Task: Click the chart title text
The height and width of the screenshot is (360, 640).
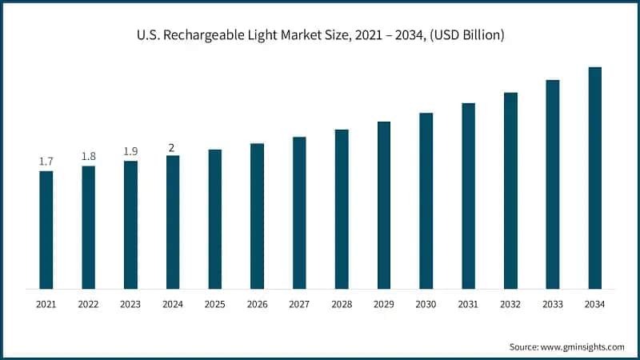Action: point(319,35)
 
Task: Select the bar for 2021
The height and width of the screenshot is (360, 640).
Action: point(46,230)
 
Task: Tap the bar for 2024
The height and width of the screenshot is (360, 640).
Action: point(173,222)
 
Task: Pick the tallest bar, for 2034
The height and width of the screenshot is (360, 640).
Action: point(595,178)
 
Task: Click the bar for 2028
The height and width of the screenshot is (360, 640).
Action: point(342,209)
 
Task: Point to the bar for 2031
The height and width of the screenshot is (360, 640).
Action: point(468,195)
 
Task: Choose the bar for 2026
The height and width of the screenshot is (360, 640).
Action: point(257,216)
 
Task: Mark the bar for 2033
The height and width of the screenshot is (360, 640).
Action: point(553,184)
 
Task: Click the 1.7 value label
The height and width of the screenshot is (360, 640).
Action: point(46,162)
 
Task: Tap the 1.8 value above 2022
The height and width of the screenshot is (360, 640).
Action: point(89,156)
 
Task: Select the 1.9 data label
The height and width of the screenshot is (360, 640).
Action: point(130,151)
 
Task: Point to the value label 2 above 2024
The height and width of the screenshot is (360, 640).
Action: point(172,146)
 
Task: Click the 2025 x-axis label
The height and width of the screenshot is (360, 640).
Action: point(215,305)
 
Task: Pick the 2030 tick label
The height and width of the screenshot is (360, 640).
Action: point(426,305)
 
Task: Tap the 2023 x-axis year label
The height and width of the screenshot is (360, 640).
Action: point(130,305)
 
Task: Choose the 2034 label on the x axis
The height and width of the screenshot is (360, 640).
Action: point(595,305)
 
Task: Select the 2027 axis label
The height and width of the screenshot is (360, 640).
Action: point(299,305)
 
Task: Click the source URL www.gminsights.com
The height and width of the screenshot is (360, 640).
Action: point(582,346)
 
